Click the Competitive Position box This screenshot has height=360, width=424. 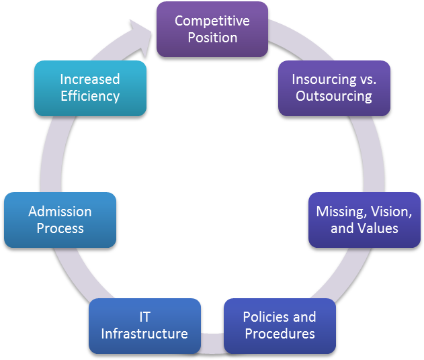tap(212, 29)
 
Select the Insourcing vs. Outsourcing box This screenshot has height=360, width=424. tap(334, 88)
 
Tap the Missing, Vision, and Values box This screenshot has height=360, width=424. tap(364, 220)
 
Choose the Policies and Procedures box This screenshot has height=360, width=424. tap(280, 326)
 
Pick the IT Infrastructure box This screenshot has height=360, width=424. tap(145, 326)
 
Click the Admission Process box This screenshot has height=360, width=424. tap(60, 220)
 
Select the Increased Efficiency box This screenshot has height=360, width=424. tap(90, 88)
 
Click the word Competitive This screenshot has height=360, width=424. tap(212, 21)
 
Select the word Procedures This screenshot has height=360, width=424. tap(280, 334)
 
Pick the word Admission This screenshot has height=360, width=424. tap(60, 212)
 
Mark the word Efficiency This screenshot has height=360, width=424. tap(90, 96)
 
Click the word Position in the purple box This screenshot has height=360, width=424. tap(212, 38)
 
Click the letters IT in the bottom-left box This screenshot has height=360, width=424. tap(145, 317)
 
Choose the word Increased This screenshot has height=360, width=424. tap(90, 79)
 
